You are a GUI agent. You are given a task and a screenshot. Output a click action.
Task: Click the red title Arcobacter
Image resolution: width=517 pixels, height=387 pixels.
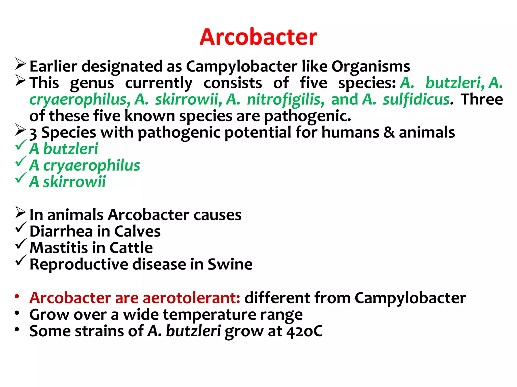click(x=258, y=37)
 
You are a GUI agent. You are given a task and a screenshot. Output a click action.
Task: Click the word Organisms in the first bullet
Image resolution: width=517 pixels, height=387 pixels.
click(x=371, y=67)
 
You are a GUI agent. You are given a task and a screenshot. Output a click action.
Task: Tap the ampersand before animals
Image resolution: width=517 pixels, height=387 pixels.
click(x=389, y=133)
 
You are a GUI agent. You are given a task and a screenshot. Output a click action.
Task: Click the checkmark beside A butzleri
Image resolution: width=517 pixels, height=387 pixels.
click(x=21, y=145)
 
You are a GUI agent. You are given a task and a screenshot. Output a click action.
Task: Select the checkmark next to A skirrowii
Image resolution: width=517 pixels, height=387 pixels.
click(x=21, y=178)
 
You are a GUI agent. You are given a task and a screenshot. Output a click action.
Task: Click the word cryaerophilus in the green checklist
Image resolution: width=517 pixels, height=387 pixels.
click(x=91, y=166)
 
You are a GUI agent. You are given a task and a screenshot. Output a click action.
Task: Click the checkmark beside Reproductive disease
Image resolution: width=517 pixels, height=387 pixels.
click(x=21, y=261)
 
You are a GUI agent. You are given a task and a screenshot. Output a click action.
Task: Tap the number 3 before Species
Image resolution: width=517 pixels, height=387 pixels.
click(x=33, y=133)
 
